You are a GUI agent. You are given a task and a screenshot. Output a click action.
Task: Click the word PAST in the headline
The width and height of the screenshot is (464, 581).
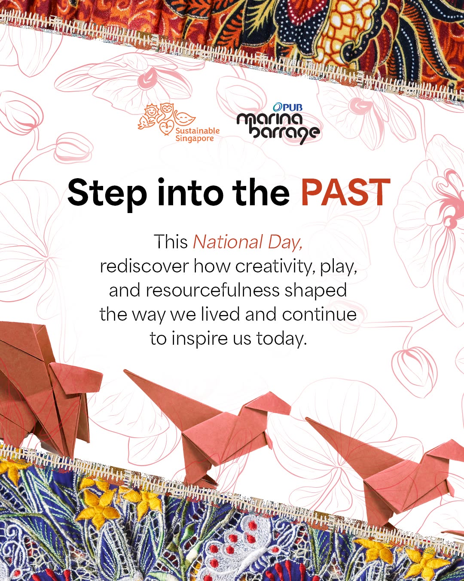[x=346, y=192]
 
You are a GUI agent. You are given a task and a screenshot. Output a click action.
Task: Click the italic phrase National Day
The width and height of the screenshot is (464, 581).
[x=247, y=242]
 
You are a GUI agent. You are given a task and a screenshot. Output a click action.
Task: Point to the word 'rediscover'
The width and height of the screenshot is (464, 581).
[x=144, y=266]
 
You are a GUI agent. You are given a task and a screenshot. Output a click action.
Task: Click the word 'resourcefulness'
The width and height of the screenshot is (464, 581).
[x=213, y=290]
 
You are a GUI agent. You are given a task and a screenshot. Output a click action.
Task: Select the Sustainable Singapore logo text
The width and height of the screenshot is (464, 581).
[x=198, y=134]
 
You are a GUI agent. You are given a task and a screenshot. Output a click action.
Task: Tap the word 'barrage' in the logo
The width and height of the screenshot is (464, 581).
[x=285, y=133]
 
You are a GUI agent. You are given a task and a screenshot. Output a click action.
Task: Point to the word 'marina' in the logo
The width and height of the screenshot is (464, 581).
[x=270, y=119]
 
